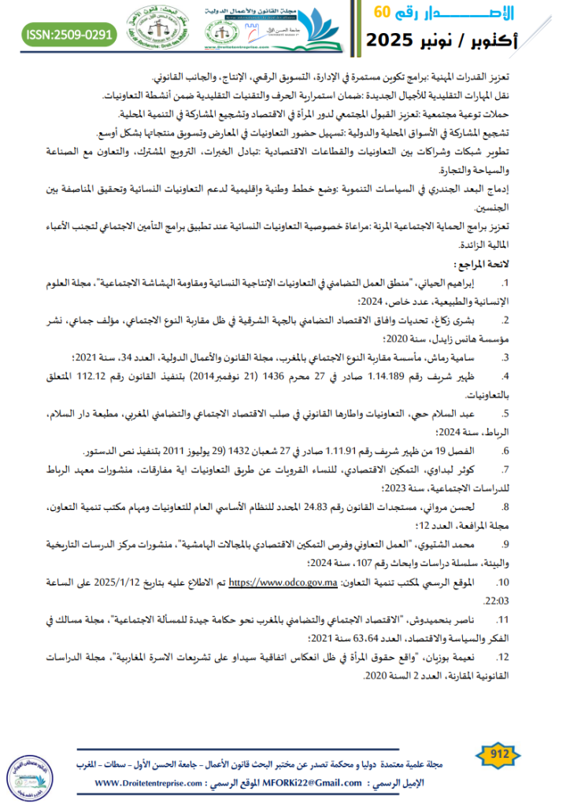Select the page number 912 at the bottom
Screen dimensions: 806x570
tap(501, 755)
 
